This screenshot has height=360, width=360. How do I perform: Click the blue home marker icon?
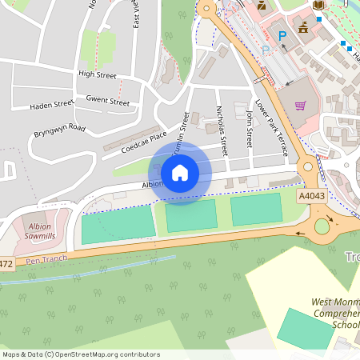tap(180, 173)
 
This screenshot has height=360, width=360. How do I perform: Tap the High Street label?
tap(98, 74)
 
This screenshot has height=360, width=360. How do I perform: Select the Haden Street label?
tap(51, 105)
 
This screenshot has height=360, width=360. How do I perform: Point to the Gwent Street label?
tap(108, 102)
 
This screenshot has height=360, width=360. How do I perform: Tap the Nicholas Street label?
tap(222, 132)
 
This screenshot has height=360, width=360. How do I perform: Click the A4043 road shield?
tap(311, 195)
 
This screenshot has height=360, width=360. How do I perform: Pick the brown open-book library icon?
tap(319, 6)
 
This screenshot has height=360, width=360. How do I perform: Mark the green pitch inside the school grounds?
tap(304, 329)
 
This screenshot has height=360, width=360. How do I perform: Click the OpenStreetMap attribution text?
tap(80, 354)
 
